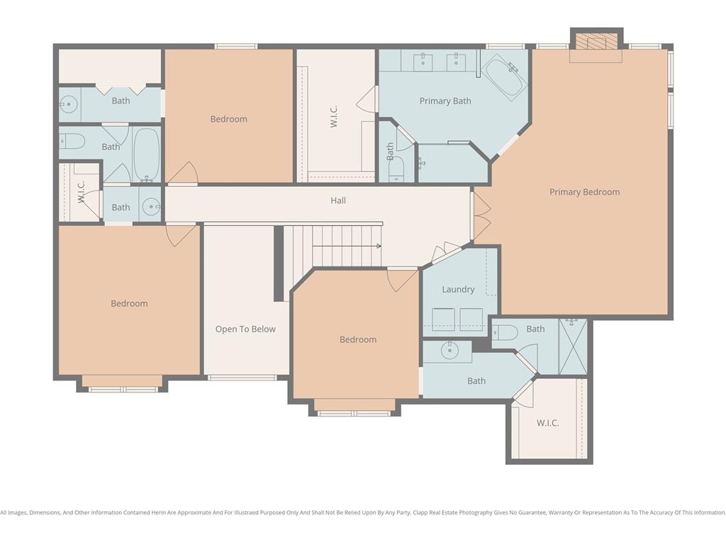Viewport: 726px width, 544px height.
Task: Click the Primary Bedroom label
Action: [x=584, y=192]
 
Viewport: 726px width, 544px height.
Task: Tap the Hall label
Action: [x=338, y=200]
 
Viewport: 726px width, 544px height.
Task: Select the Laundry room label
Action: [x=458, y=290]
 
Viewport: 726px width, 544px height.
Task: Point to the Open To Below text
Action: [x=245, y=329]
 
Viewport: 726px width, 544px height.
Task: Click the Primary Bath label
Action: [x=445, y=101]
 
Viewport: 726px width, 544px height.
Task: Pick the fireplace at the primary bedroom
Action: [x=596, y=40]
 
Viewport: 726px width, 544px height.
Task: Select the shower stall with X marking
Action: [x=573, y=346]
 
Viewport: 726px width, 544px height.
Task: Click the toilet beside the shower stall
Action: [x=505, y=332]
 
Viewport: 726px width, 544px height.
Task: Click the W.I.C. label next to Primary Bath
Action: [x=334, y=116]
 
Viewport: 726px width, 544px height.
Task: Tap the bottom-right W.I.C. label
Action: [x=548, y=423]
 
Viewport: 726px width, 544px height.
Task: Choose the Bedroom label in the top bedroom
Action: [x=229, y=119]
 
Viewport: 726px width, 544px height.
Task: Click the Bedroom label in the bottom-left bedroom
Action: [x=129, y=303]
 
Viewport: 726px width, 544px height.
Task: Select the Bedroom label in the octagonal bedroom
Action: [x=358, y=339]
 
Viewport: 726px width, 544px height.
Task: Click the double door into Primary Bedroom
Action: [x=480, y=216]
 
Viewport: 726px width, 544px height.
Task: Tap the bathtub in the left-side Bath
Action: [x=146, y=154]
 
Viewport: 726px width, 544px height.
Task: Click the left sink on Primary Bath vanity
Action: [x=423, y=61]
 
